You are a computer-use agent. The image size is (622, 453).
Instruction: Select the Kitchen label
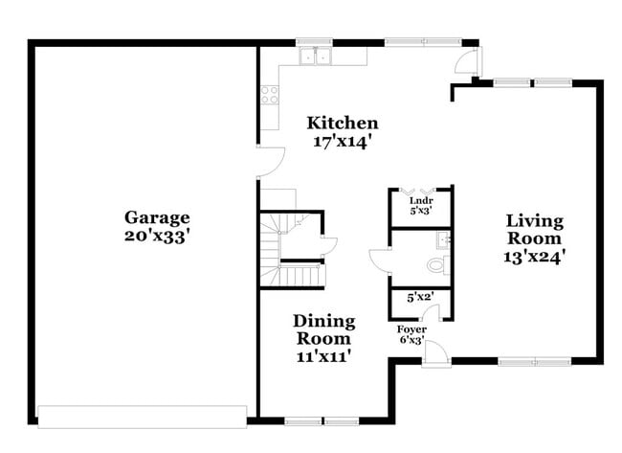342,123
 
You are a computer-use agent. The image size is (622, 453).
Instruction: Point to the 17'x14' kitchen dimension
342,141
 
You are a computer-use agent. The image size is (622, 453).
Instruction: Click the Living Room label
535,229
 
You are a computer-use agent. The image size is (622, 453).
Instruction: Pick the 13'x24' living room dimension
535,256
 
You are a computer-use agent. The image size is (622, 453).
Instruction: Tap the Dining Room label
323,328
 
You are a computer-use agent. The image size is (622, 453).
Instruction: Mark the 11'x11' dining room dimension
323,355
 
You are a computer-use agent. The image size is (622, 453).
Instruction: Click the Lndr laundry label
421,200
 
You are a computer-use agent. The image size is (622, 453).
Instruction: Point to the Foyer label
412,328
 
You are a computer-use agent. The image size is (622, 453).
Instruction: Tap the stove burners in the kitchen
269,94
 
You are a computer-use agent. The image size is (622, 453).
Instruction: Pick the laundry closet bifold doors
420,191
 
